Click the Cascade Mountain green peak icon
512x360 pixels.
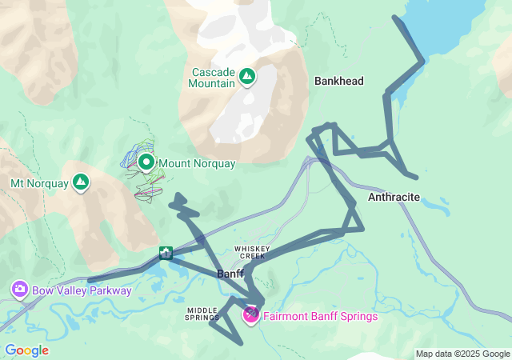(x=247, y=77)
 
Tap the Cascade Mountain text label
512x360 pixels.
(x=214, y=77)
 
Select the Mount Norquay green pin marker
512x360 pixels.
(x=146, y=162)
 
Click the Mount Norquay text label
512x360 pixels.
(x=197, y=164)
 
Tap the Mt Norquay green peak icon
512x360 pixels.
(x=81, y=183)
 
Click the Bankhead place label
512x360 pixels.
(x=339, y=81)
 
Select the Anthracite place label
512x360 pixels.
(x=394, y=196)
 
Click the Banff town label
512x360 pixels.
(x=230, y=274)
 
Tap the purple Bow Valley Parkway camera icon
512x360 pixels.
(x=19, y=290)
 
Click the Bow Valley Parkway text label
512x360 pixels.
(x=82, y=290)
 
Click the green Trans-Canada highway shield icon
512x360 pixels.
(x=166, y=254)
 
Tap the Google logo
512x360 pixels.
(x=26, y=350)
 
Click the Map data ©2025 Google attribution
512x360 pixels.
(x=462, y=354)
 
